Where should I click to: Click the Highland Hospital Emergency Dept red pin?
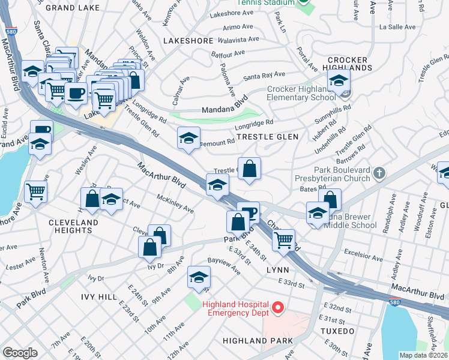(277, 308)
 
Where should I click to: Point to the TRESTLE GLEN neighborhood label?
(268, 137)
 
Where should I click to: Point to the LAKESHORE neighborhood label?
(188, 41)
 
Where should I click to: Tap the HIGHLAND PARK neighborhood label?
(258, 341)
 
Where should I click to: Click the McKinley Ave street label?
(175, 205)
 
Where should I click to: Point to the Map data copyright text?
(423, 355)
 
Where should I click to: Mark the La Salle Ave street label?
(397, 27)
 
